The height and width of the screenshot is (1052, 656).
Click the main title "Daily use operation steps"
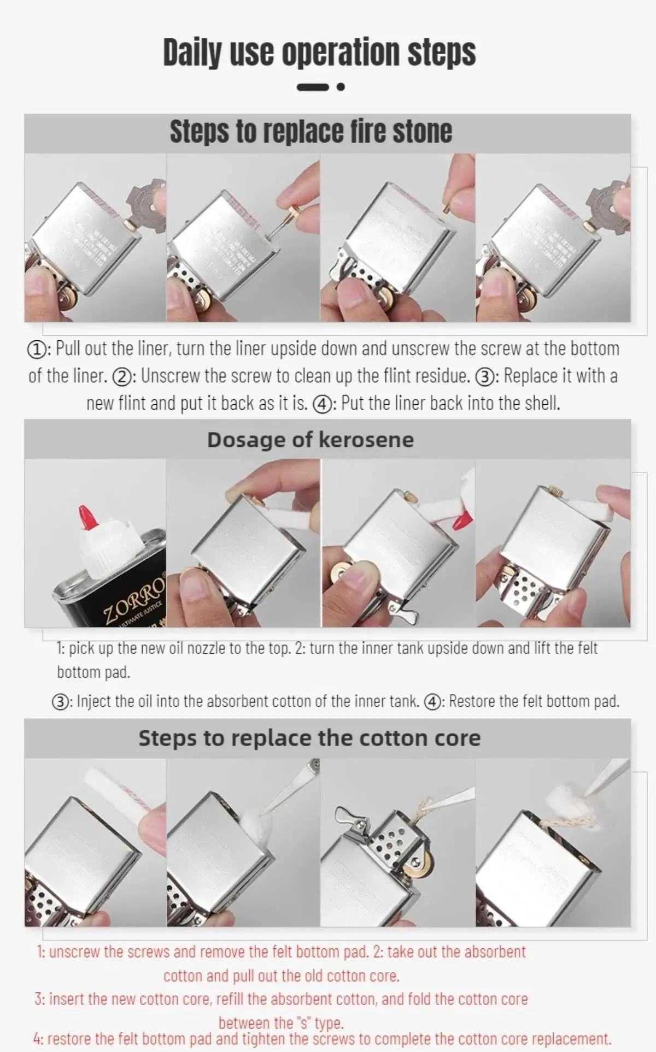point(319,52)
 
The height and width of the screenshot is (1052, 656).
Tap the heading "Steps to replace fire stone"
point(311,132)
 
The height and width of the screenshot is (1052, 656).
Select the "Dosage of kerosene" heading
point(311,440)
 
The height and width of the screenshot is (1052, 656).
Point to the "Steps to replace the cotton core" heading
point(309,738)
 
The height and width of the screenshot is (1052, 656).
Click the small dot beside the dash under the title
point(341,87)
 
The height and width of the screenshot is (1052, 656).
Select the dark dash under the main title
point(313,87)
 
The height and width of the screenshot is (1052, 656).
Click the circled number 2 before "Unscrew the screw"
point(121,377)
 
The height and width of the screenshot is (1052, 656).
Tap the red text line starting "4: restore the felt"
point(322,1038)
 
